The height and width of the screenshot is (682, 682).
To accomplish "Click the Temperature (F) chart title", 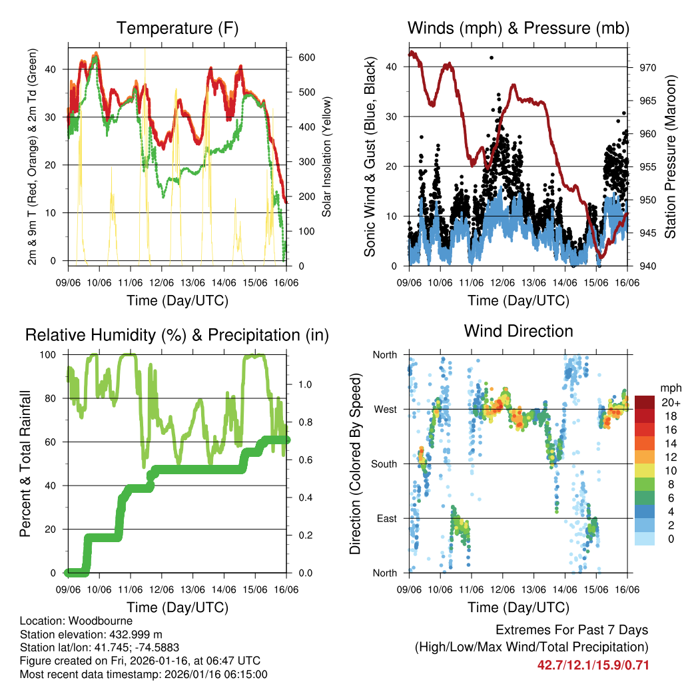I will [x=176, y=28].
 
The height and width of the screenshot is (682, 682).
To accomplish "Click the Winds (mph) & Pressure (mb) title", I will [x=518, y=28].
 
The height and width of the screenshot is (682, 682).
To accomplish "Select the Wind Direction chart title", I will [x=518, y=331].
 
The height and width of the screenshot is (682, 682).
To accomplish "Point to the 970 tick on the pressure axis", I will [x=648, y=67].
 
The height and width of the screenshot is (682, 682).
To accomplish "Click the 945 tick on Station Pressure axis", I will [x=648, y=233].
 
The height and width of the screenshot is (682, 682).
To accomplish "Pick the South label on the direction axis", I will [x=384, y=464].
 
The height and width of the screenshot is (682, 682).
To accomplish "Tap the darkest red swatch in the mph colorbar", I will [x=645, y=402].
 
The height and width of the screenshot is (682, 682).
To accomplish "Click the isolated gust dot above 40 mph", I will [x=492, y=58].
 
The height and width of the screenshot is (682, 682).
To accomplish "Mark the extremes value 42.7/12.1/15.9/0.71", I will [x=593, y=665].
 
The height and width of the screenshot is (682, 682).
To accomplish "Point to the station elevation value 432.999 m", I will [x=133, y=634].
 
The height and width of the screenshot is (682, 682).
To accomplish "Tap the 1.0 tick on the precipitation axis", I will [x=305, y=385].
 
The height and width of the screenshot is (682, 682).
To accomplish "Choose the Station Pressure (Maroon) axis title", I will [x=670, y=157].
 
